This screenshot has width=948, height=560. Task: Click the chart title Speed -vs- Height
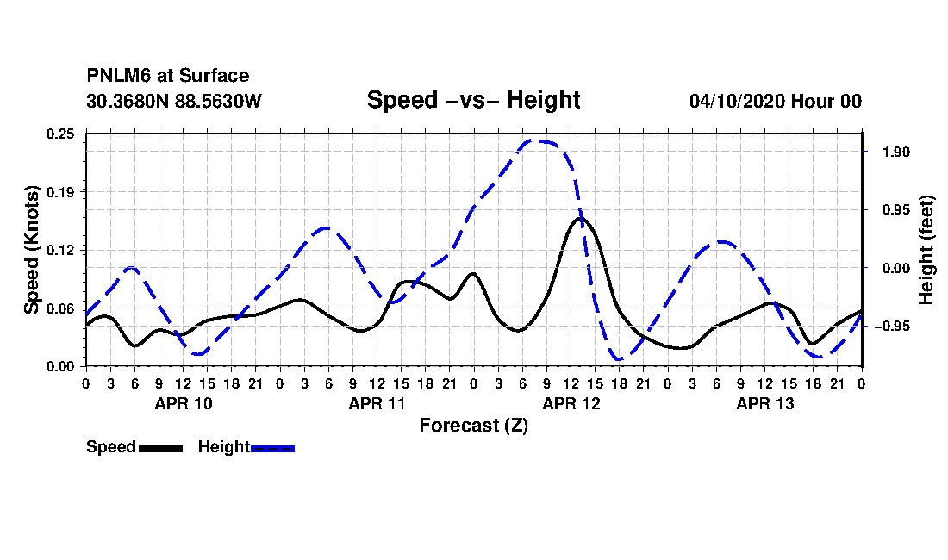coord(473,100)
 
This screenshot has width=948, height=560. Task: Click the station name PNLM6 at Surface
coord(168,76)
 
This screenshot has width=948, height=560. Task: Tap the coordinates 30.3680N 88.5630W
coord(174,101)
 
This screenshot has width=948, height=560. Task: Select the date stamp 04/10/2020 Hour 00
coord(776,101)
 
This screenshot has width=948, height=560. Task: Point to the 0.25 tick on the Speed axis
coord(60,134)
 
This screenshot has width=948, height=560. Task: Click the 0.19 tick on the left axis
coord(60,192)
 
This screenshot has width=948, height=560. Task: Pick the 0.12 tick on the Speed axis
coord(60,250)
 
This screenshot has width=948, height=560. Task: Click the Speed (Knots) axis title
coord(31,250)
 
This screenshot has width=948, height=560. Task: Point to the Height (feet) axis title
coord(926,250)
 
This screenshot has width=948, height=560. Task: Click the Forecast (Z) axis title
coord(474,426)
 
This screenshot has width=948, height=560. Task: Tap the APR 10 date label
coord(184,403)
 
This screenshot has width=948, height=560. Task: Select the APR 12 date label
coord(571,403)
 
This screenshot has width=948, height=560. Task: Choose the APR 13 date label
coord(764,403)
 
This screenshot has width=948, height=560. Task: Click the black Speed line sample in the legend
coord(161,448)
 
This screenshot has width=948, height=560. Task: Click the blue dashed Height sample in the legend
coord(272,448)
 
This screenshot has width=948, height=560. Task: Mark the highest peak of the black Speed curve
coord(580,218)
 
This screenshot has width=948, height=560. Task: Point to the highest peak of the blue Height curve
coord(535,140)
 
